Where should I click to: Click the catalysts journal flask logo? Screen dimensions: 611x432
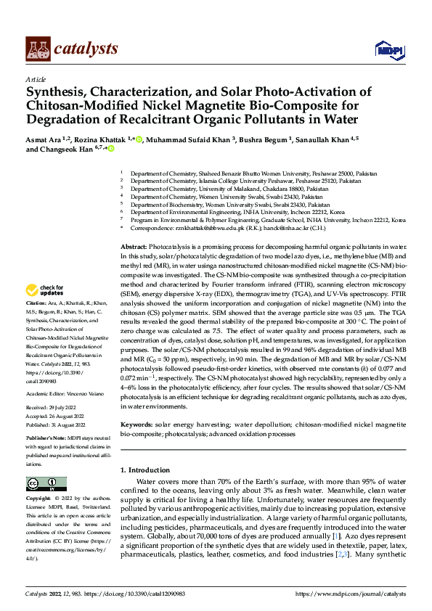[36, 48]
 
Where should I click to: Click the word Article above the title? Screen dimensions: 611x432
[36, 79]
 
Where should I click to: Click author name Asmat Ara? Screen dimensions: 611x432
[45, 139]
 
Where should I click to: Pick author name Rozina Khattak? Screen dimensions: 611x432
[104, 139]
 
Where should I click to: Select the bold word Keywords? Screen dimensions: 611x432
[136, 423]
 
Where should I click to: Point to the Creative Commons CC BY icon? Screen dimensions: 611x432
[46, 483]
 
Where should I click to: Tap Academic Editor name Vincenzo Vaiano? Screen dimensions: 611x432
[84, 393]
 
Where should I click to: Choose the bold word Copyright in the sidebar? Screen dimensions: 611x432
[39, 499]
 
